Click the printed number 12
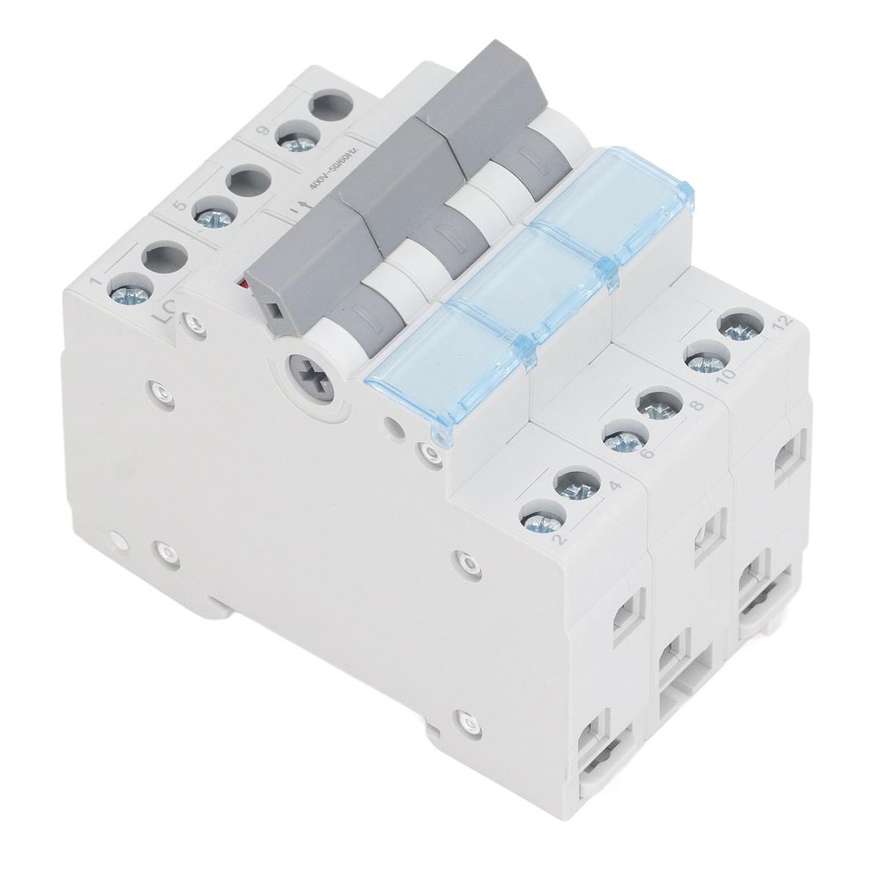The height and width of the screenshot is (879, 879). point(784,321)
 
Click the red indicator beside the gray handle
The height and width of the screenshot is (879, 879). point(241,286)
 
